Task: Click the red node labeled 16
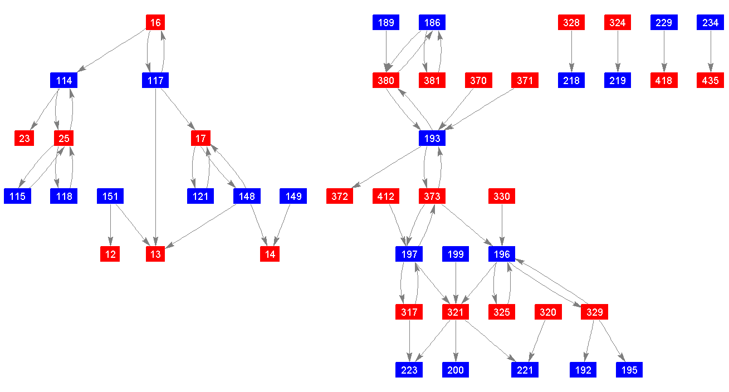click(155, 22)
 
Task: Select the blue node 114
click(64, 80)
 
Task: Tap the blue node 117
click(155, 80)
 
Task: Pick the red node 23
click(24, 138)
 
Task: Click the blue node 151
click(110, 196)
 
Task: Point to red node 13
click(155, 254)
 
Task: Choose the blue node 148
click(247, 196)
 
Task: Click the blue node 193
click(432, 138)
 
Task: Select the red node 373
click(432, 196)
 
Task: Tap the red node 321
click(456, 312)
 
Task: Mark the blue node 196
click(502, 254)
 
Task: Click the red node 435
click(710, 80)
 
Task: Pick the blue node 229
click(664, 22)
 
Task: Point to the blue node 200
click(456, 370)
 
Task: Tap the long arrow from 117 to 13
click(155, 167)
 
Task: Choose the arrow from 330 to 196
click(502, 225)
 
